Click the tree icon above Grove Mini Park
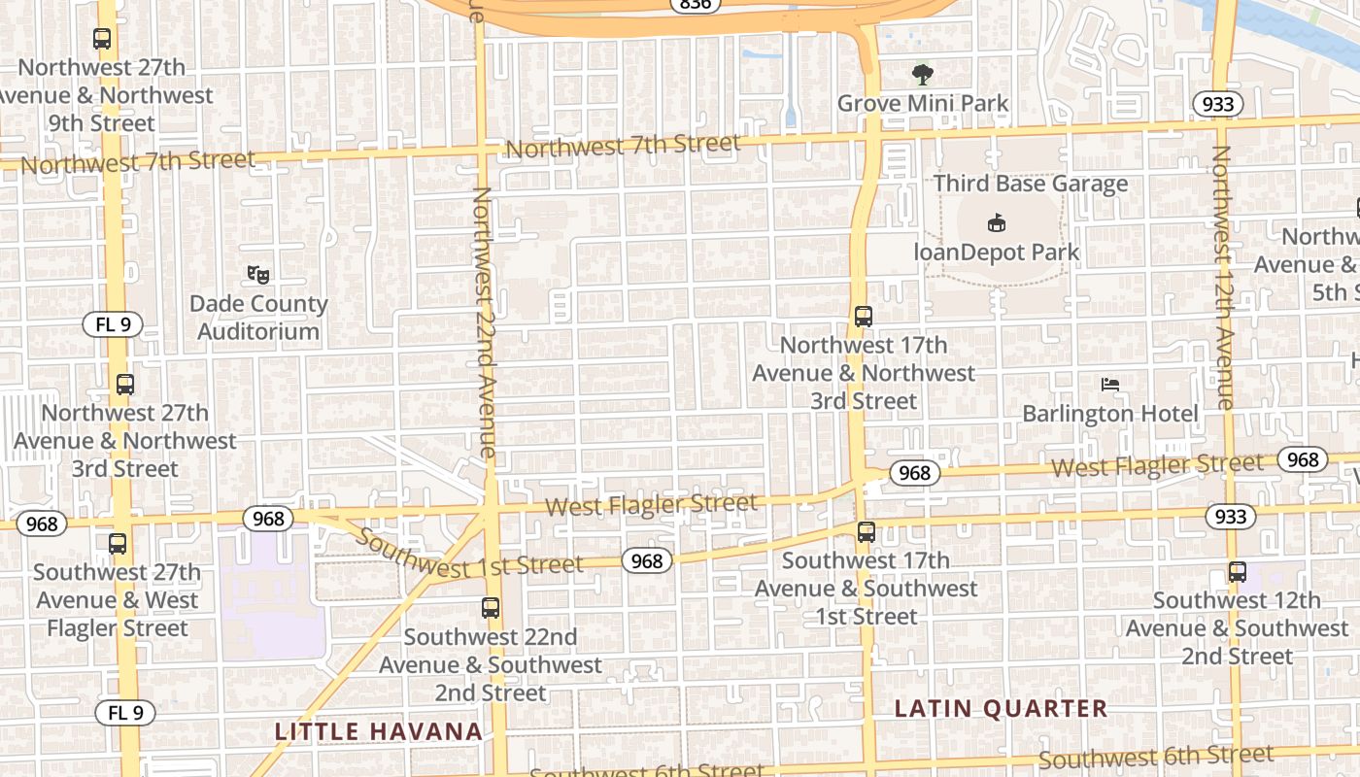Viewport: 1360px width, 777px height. [922, 74]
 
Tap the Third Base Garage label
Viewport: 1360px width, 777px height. [1031, 184]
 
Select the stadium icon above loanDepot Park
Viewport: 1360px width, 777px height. [996, 223]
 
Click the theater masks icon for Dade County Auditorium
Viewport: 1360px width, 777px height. [257, 275]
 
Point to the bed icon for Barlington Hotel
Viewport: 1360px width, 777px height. [1110, 385]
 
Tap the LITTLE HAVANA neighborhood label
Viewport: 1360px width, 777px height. [378, 731]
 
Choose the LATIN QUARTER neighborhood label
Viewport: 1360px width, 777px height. [1001, 709]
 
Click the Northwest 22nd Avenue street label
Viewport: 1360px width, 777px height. [484, 321]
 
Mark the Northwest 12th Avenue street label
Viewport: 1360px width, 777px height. [1222, 277]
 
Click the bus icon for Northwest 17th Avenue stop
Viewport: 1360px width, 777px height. [864, 317]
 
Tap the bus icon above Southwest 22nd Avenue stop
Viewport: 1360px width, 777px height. [491, 609]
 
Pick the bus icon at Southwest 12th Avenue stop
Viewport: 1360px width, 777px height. [1237, 572]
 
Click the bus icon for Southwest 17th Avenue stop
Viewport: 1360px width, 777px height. [866, 532]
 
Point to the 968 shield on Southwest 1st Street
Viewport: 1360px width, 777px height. [647, 560]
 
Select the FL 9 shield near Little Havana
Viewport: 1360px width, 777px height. [125, 713]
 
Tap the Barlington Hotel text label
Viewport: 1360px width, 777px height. [1110, 414]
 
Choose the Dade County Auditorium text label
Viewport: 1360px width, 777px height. [257, 318]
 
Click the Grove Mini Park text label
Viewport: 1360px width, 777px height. [922, 103]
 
